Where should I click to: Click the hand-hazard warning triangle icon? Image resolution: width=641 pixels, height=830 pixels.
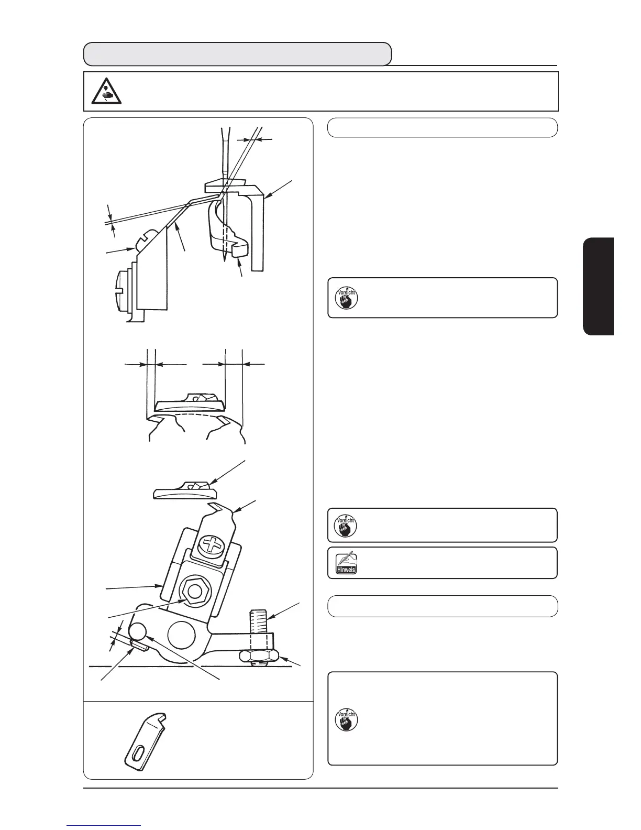(105, 92)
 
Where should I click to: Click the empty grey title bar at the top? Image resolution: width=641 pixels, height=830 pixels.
(238, 53)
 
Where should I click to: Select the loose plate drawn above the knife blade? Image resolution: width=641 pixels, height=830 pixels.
(185, 490)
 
